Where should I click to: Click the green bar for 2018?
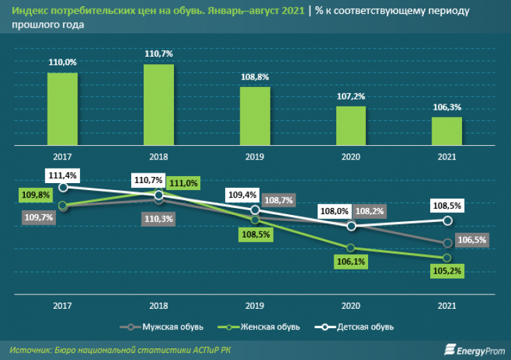click(159, 105)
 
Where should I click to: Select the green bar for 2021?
click(447, 131)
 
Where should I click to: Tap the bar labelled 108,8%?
click(255, 116)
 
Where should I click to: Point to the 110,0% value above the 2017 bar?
click(62, 62)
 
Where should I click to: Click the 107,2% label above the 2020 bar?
click(351, 96)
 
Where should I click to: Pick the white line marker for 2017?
click(64, 187)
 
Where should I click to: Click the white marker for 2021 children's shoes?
click(447, 220)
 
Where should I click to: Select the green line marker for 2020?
click(351, 247)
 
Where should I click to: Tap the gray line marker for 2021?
click(447, 243)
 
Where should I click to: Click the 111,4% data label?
click(61, 174)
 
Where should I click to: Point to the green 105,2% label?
click(447, 272)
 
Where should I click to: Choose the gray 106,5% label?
click(472, 240)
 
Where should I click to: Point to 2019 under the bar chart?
click(255, 157)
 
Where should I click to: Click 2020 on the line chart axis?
click(351, 305)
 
